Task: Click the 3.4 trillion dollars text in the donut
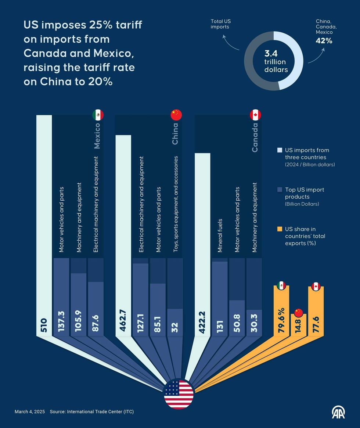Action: click(275, 61)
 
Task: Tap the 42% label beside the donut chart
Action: click(324, 41)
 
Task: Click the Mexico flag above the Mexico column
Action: click(98, 115)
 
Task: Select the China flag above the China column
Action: click(176, 115)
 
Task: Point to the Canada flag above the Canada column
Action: click(255, 115)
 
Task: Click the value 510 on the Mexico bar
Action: click(44, 327)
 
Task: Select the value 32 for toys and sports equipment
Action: click(174, 326)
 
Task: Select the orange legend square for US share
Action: click(280, 229)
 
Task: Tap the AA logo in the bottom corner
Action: click(338, 412)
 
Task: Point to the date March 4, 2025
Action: click(29, 412)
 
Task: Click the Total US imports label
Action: click(221, 24)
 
